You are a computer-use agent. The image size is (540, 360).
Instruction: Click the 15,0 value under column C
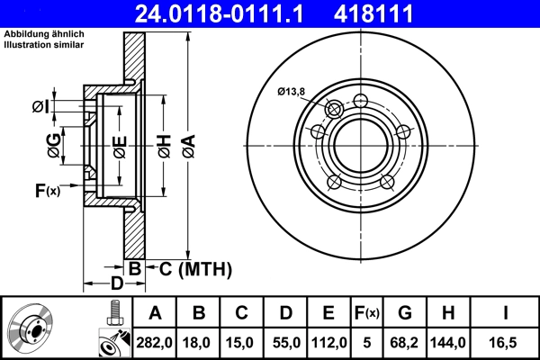coord(242,343)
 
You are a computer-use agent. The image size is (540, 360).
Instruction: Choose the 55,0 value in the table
coord(285,343)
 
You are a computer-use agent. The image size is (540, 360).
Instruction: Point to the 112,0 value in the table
coord(329,343)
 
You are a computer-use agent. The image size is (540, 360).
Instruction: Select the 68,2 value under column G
coord(405,343)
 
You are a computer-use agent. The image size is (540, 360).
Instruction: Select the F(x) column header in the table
coord(367,313)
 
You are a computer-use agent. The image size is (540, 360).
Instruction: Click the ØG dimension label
coord(55,146)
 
